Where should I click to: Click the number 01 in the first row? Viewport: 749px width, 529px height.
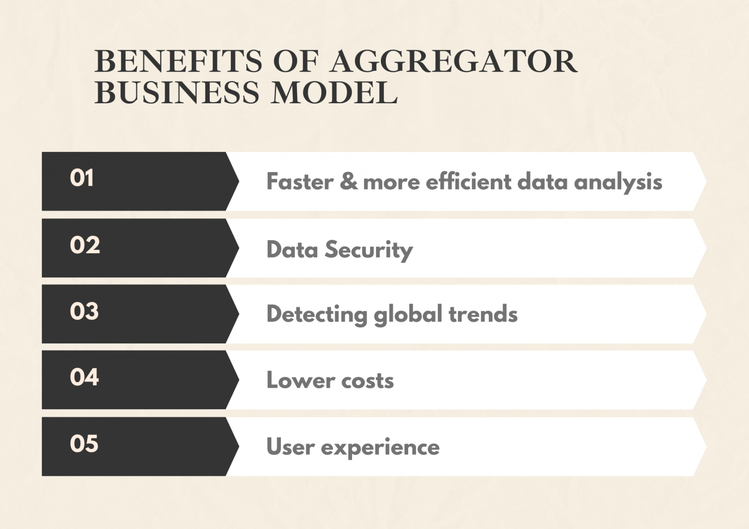click(81, 178)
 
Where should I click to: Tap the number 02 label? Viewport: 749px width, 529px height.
click(84, 245)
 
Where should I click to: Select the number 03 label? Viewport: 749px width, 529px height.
click(84, 311)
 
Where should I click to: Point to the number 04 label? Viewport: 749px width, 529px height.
click(84, 377)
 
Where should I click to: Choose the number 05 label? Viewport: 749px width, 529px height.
click(84, 444)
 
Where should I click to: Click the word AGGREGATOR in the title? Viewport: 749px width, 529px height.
click(453, 61)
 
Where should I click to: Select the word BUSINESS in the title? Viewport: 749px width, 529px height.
click(177, 92)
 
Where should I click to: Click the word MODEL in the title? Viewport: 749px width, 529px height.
click(335, 92)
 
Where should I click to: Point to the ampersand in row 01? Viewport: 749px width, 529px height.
click(348, 182)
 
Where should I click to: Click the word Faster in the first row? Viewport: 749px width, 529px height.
click(299, 182)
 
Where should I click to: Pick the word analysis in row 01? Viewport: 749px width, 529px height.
click(618, 183)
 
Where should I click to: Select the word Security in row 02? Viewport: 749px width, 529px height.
click(369, 250)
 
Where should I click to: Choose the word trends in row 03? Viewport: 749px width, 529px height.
click(483, 314)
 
